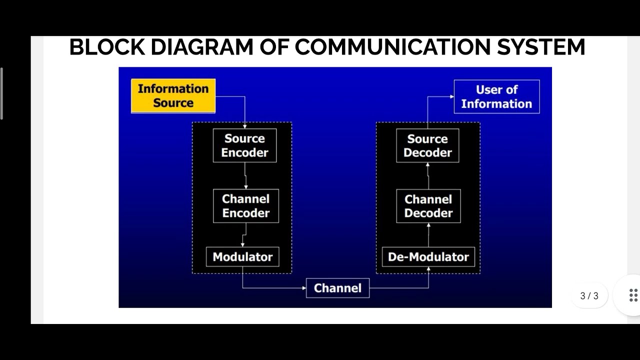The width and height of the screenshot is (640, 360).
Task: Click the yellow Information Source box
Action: click(x=173, y=95)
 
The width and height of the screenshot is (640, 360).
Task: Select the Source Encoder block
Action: click(x=244, y=145)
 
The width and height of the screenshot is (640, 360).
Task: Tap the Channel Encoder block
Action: click(x=245, y=205)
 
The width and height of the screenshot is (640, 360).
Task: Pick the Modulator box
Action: click(x=242, y=257)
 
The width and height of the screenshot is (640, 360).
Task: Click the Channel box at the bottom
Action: click(x=337, y=288)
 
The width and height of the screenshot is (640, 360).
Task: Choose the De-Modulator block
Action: click(x=428, y=257)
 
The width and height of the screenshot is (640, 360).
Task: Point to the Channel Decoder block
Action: click(x=428, y=206)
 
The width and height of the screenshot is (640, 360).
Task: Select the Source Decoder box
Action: click(x=427, y=145)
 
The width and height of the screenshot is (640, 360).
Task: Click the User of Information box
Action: click(x=496, y=96)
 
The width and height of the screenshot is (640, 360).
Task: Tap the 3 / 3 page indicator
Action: click(x=589, y=295)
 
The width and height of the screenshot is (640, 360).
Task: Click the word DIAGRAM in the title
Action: click(x=201, y=47)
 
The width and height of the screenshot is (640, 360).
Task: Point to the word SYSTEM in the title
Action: click(x=540, y=47)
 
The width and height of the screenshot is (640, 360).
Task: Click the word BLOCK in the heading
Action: click(x=107, y=47)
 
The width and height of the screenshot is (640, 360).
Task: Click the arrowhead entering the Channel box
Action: click(x=303, y=288)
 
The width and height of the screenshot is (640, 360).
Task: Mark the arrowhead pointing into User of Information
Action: click(x=451, y=96)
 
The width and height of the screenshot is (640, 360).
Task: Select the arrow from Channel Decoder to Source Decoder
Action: click(x=427, y=176)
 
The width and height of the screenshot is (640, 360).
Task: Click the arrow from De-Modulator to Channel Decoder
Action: click(x=428, y=235)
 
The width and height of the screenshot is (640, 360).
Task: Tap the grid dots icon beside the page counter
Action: click(x=633, y=295)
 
